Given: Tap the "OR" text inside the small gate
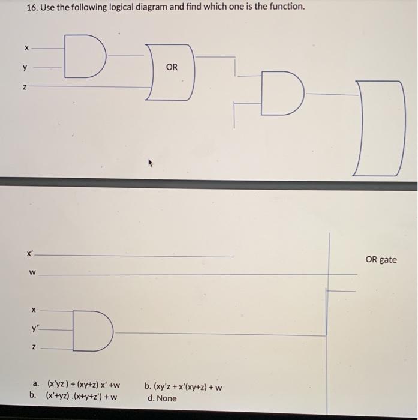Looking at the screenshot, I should (x=172, y=67).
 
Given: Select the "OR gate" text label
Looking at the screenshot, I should (x=381, y=259).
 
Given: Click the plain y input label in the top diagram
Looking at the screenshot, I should (x=25, y=67).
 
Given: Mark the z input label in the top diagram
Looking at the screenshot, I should (x=25, y=87).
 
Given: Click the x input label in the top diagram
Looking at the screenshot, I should (x=25, y=47).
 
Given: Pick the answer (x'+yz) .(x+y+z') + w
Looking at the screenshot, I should (x=82, y=397).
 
